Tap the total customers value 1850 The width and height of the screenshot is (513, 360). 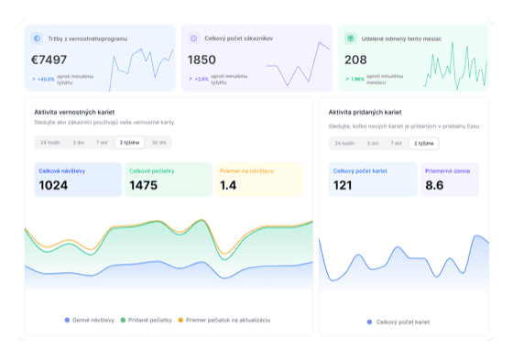pyautogui.click(x=202, y=60)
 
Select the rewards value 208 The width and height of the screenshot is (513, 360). pyautogui.click(x=355, y=60)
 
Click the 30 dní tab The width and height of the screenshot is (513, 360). pyautogui.click(x=159, y=143)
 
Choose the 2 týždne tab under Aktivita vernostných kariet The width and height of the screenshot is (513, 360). pyautogui.click(x=129, y=143)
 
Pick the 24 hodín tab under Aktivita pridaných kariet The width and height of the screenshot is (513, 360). pyautogui.click(x=344, y=143)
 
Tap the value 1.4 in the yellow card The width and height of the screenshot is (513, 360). pyautogui.click(x=229, y=185)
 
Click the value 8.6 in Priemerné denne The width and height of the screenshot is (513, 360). pyautogui.click(x=435, y=185)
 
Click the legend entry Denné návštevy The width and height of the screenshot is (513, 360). pyautogui.click(x=90, y=320)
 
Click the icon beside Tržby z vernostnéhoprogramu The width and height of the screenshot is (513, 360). pyautogui.click(x=37, y=38)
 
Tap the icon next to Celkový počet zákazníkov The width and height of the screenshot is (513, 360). pyautogui.click(x=193, y=38)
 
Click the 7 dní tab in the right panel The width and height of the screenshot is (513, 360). pyautogui.click(x=397, y=143)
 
